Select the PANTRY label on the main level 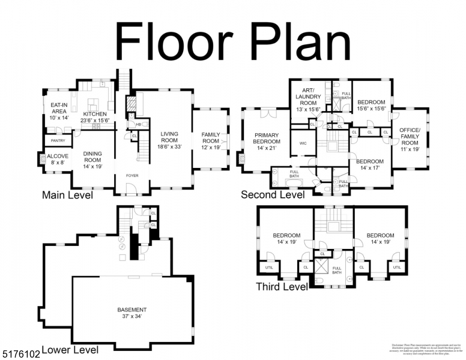click(58, 140)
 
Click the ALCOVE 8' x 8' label click(58, 159)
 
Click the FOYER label click(132, 176)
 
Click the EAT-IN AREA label click(58, 112)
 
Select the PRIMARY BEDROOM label click(267, 141)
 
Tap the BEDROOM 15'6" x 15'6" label click(371, 105)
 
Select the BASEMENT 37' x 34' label click(132, 313)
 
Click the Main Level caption click(67, 195)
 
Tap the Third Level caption click(282, 287)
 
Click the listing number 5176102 click(20, 355)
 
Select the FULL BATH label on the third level click(337, 270)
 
